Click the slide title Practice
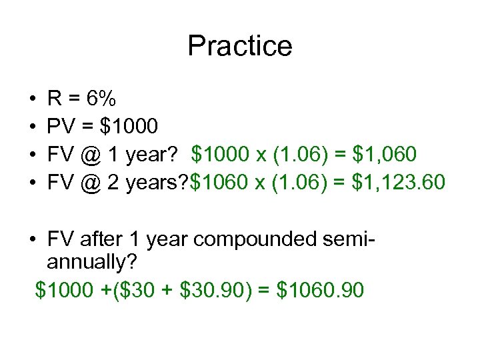240,46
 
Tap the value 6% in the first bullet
101,100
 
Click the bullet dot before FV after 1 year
33,237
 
